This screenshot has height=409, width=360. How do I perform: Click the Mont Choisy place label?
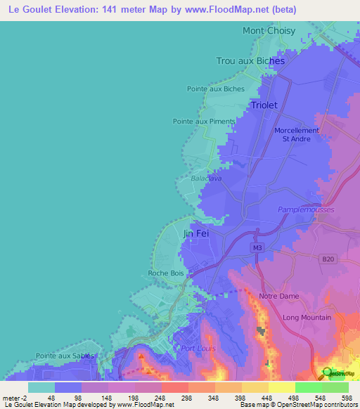click(x=270, y=31)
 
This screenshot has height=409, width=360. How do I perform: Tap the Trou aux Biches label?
click(x=250, y=61)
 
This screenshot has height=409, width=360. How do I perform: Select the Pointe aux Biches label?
click(x=216, y=89)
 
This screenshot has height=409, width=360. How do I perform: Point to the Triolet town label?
click(x=264, y=105)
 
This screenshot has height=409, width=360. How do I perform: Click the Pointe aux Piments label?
click(x=204, y=122)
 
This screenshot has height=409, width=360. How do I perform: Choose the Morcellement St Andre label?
click(x=296, y=134)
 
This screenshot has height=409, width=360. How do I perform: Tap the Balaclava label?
click(x=206, y=178)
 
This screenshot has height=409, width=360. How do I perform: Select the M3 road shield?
click(x=256, y=248)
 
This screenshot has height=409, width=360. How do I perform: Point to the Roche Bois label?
click(x=165, y=273)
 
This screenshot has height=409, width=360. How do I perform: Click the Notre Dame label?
click(x=278, y=297)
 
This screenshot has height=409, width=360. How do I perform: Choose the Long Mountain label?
click(x=307, y=318)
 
